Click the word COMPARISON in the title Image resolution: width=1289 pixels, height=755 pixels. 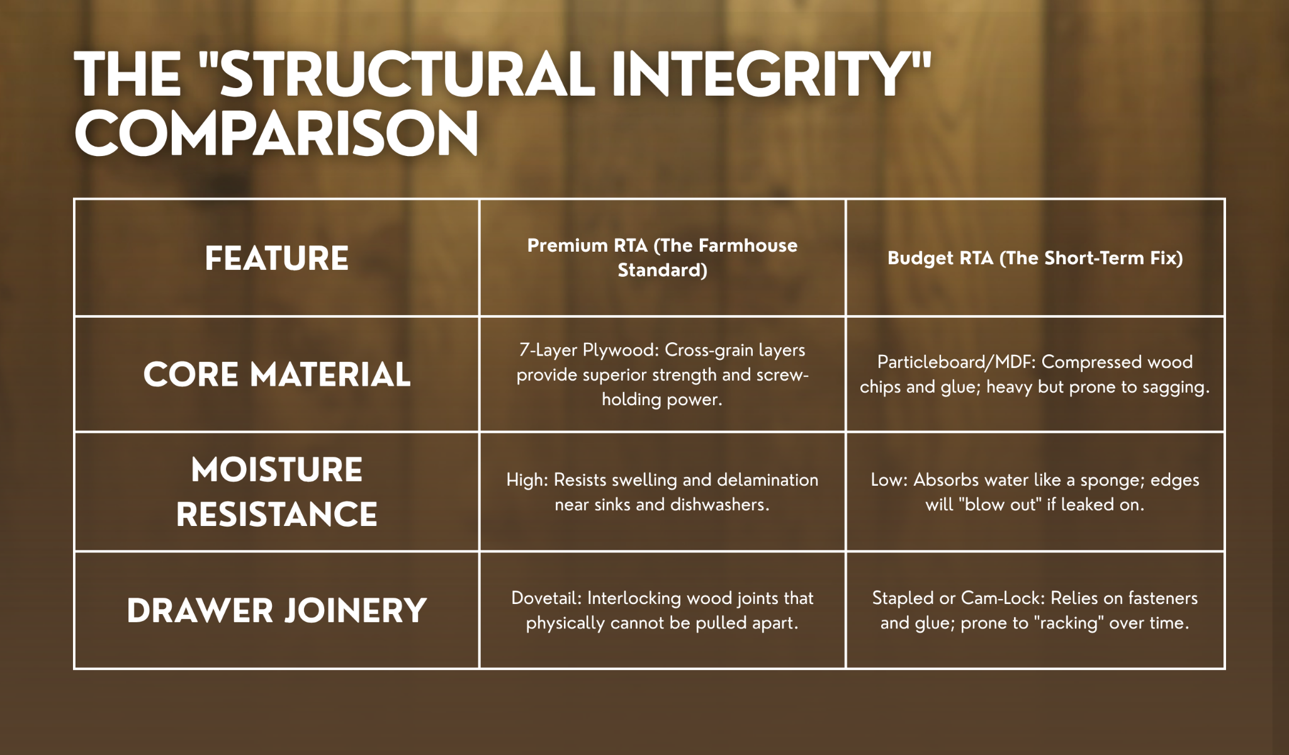(x=276, y=133)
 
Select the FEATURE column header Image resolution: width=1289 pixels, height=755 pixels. (x=276, y=259)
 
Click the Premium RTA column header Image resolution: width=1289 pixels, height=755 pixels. (x=662, y=257)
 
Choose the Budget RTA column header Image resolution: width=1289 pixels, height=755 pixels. (x=1035, y=258)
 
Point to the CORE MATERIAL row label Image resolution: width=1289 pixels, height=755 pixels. (x=277, y=375)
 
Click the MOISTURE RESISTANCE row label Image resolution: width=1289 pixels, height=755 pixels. (x=277, y=492)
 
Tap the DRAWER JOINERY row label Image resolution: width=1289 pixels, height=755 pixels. (x=277, y=611)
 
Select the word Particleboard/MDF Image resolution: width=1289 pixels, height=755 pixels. (x=957, y=362)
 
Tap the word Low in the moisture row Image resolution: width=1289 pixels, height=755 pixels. (x=889, y=480)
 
